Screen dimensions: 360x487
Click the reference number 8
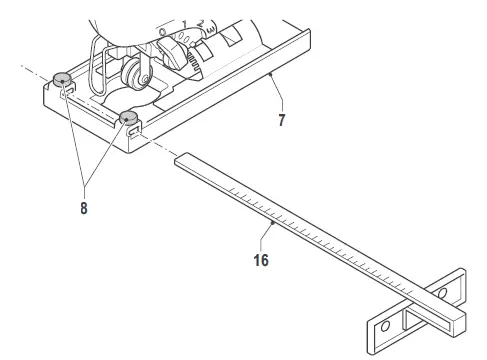(x=84, y=211)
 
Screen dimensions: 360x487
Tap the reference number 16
(x=259, y=259)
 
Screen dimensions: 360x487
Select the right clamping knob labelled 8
(x=129, y=120)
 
